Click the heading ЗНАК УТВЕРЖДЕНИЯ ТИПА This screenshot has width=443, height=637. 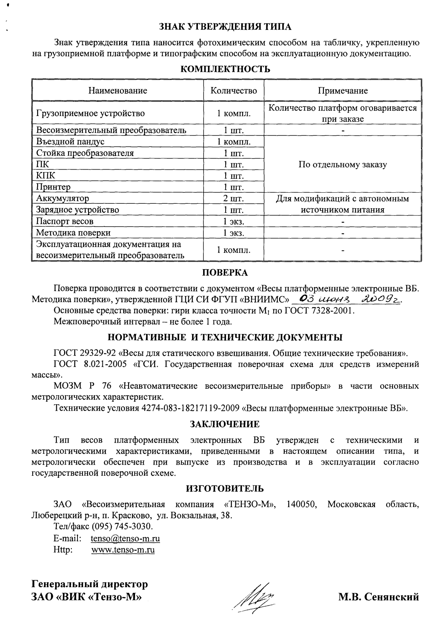(x=225, y=27)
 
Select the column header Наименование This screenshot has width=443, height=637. (x=118, y=91)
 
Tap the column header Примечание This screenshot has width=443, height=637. (x=343, y=91)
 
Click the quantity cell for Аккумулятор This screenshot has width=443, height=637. (x=234, y=199)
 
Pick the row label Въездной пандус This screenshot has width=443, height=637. (x=70, y=142)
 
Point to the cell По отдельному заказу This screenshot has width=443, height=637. (x=343, y=165)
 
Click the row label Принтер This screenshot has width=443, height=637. (x=53, y=187)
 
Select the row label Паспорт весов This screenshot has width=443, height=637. (x=65, y=221)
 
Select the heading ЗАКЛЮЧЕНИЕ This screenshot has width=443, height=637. (x=225, y=424)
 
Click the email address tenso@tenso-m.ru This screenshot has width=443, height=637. (x=125, y=539)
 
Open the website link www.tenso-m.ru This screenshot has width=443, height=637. (x=123, y=550)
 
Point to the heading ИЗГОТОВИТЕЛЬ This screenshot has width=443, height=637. (x=225, y=489)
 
